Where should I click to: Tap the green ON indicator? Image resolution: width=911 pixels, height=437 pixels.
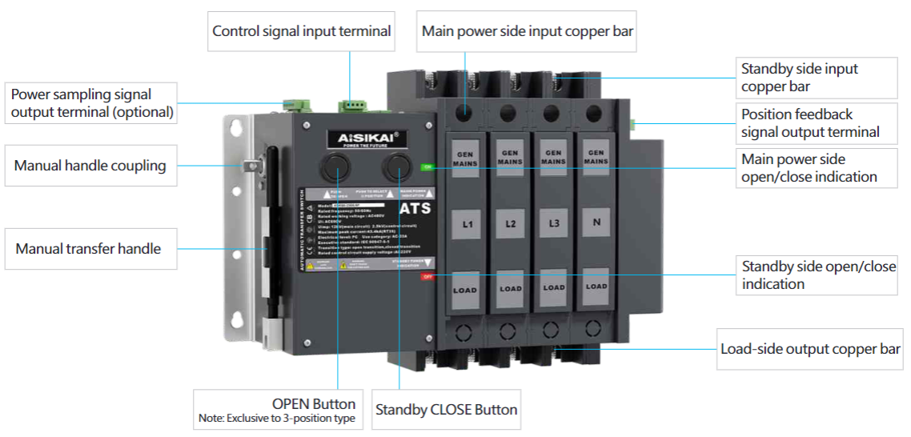point(427,167)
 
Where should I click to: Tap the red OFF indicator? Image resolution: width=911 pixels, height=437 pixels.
point(427,276)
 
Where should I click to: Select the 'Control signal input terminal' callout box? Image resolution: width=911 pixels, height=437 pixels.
point(302,31)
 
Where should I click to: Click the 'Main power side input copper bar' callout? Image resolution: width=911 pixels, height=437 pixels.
point(528,31)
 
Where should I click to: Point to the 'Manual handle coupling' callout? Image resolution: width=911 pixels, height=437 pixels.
point(90,166)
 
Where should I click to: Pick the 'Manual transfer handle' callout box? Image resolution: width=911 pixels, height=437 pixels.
point(88,249)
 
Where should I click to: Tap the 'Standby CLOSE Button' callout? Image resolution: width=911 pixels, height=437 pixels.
point(446,410)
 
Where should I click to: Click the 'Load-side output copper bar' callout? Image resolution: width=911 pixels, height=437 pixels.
point(810,349)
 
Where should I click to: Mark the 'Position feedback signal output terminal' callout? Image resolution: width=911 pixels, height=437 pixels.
point(810,123)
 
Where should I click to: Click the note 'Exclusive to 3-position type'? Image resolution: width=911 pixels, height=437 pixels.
point(277,419)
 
